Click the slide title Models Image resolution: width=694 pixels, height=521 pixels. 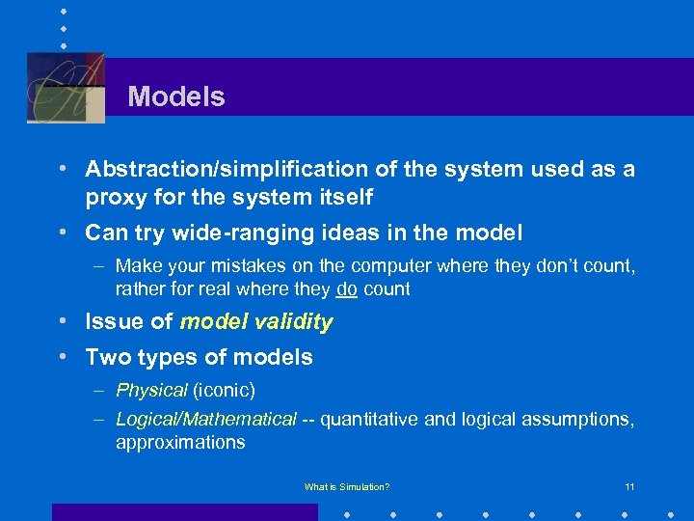click(176, 96)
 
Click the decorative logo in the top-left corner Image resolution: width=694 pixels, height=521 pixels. click(66, 88)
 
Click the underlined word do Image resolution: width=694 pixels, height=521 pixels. click(347, 288)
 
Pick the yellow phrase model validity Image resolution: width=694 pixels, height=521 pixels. click(256, 322)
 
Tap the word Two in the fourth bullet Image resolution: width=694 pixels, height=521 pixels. click(105, 357)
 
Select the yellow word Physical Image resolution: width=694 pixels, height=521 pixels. click(151, 391)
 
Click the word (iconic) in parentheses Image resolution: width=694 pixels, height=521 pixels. click(225, 391)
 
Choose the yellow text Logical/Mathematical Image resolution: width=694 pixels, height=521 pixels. click(206, 420)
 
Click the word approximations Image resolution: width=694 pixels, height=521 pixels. click(180, 443)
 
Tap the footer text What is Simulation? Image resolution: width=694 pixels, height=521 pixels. click(347, 487)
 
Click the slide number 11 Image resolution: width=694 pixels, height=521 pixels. click(628, 487)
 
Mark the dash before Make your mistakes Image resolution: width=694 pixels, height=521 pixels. click(99, 265)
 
